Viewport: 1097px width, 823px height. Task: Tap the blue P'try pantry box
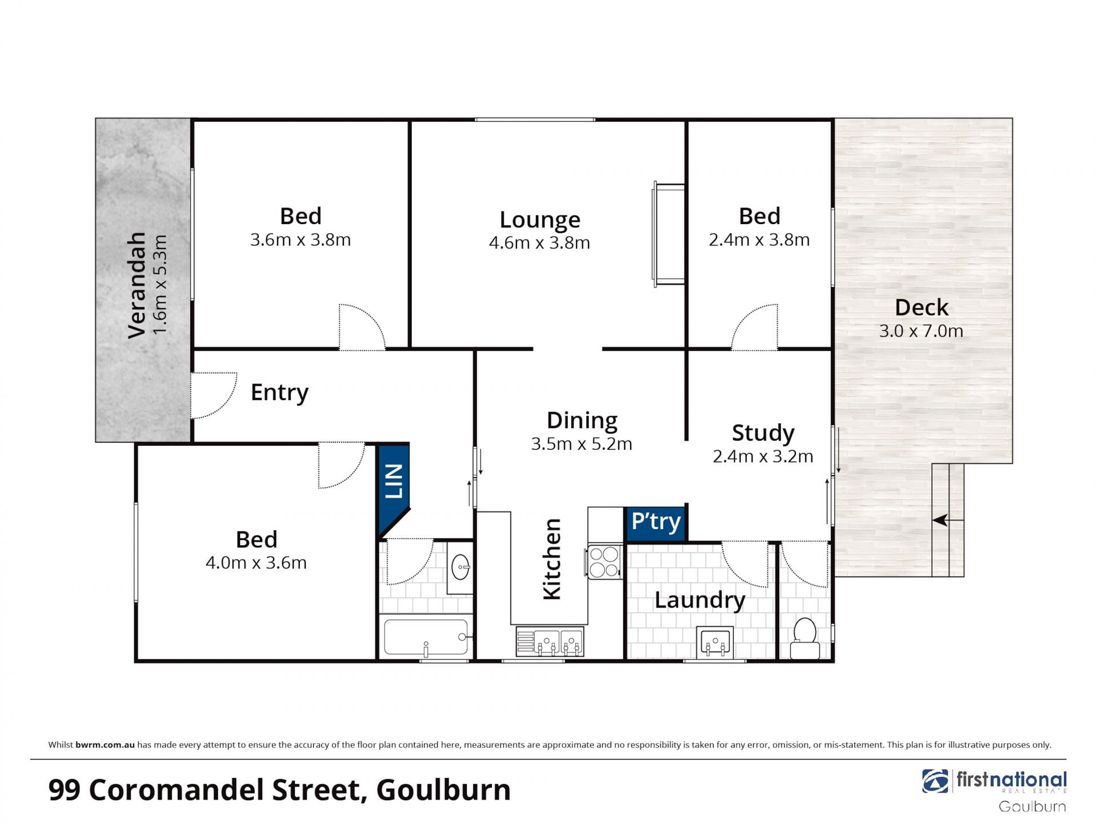click(656, 524)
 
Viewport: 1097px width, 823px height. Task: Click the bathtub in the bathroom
click(426, 637)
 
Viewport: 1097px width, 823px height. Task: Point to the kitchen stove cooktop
click(604, 562)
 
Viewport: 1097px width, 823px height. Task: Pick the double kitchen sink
click(550, 641)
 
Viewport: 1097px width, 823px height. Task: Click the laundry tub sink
click(715, 643)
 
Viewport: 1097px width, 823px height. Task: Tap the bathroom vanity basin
click(460, 567)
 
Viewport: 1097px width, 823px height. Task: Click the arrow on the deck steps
click(940, 520)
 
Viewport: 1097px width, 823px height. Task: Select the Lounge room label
click(540, 220)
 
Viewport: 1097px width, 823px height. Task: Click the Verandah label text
click(137, 285)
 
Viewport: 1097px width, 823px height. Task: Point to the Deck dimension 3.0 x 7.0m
click(921, 331)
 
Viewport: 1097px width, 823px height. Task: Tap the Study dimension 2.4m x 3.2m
click(763, 456)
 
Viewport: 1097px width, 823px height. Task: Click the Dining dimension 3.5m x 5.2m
click(582, 444)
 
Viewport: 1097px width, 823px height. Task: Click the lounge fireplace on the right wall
click(668, 234)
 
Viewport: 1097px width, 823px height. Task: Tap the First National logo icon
click(935, 781)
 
